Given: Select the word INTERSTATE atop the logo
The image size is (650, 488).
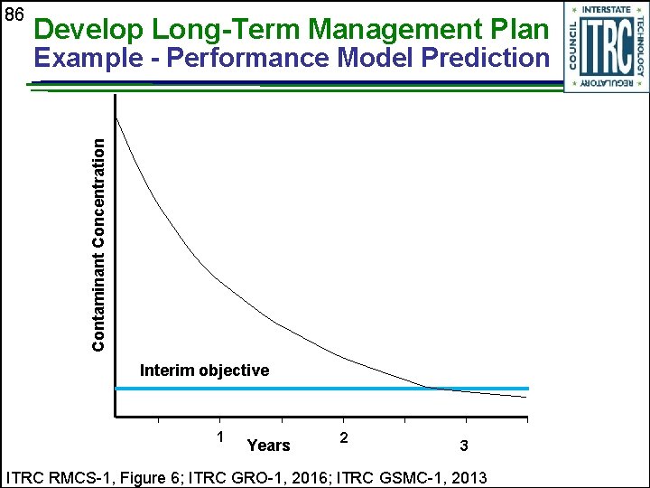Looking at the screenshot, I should pos(607,11).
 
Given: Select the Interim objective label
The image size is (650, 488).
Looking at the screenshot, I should pos(204,371).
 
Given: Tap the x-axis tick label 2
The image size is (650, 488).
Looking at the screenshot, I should pos(344,437).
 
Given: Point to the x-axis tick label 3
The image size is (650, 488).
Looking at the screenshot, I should pos(464,446).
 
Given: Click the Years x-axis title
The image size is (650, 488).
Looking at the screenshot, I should pos(269,445).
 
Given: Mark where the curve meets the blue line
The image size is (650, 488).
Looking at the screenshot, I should pos(432,389).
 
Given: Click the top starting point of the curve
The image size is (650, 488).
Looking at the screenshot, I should pos(117,118).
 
